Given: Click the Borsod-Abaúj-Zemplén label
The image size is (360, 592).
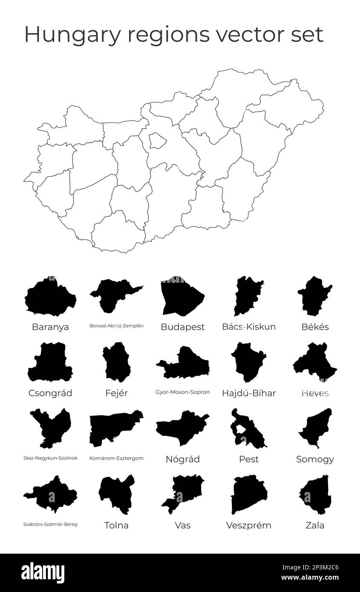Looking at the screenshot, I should [116, 326].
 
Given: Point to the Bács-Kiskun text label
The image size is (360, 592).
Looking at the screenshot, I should [249, 327].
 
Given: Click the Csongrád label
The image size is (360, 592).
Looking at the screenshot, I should [50, 393].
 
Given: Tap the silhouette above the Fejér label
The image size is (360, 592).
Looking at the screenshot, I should [116, 362].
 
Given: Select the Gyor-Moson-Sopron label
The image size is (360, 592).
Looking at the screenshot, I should [182, 392].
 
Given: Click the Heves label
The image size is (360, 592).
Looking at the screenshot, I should [315, 393].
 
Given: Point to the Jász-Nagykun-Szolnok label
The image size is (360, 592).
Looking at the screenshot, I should [50, 458].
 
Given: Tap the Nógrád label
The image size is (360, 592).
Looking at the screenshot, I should [182, 459].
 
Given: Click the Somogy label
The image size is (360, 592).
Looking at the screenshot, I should [315, 459].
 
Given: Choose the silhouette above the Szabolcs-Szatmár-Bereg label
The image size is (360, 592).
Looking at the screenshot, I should [50, 494].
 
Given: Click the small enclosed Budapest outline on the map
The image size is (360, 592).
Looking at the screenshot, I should [157, 141].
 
